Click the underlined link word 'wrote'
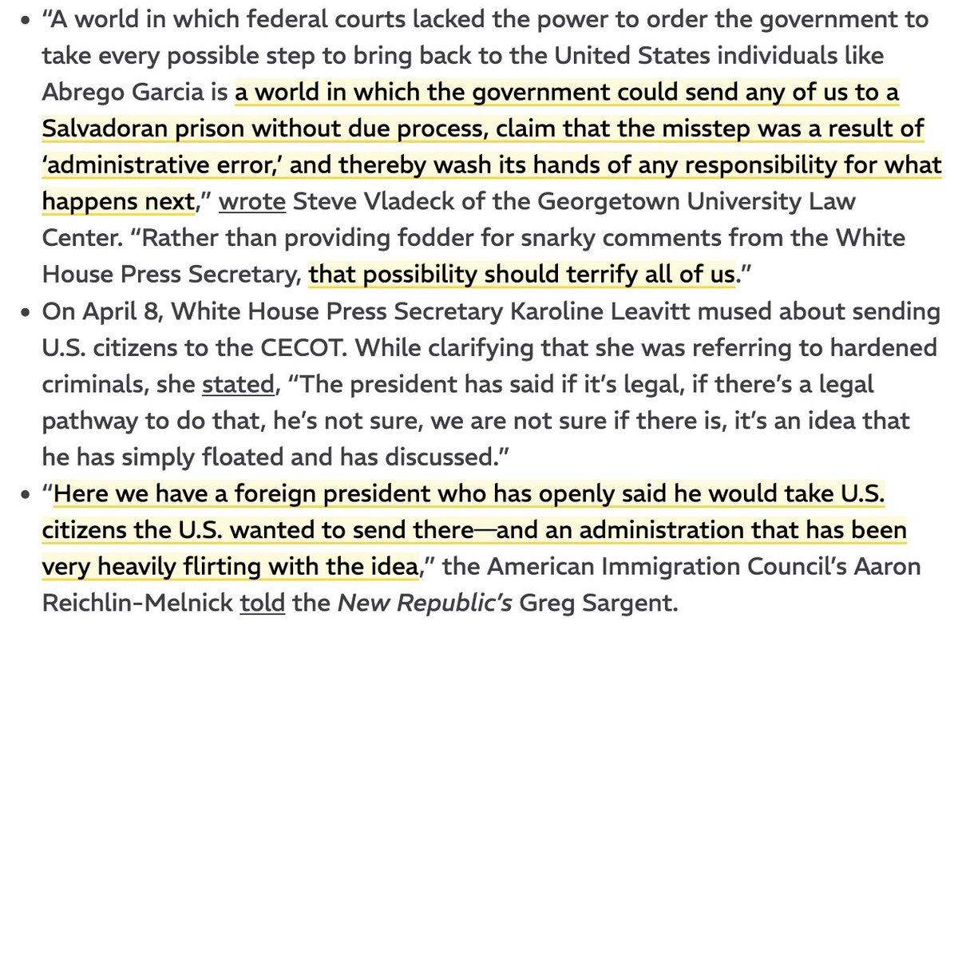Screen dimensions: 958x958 (251, 201)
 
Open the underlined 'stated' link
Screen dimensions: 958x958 (238, 385)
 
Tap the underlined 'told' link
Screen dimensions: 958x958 (262, 602)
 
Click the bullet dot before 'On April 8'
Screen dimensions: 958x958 (24, 311)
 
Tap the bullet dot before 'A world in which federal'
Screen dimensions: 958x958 (24, 19)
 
